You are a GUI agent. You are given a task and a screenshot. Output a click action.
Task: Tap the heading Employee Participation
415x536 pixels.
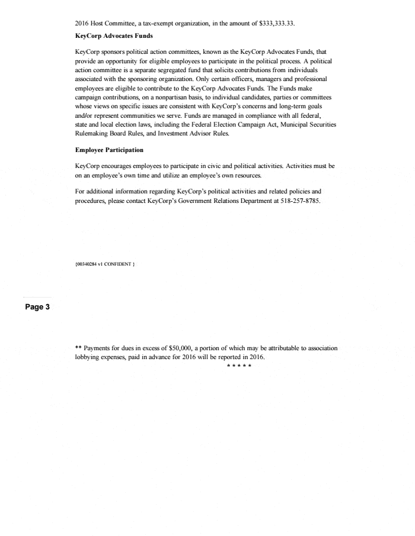pyautogui.click(x=110, y=150)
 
